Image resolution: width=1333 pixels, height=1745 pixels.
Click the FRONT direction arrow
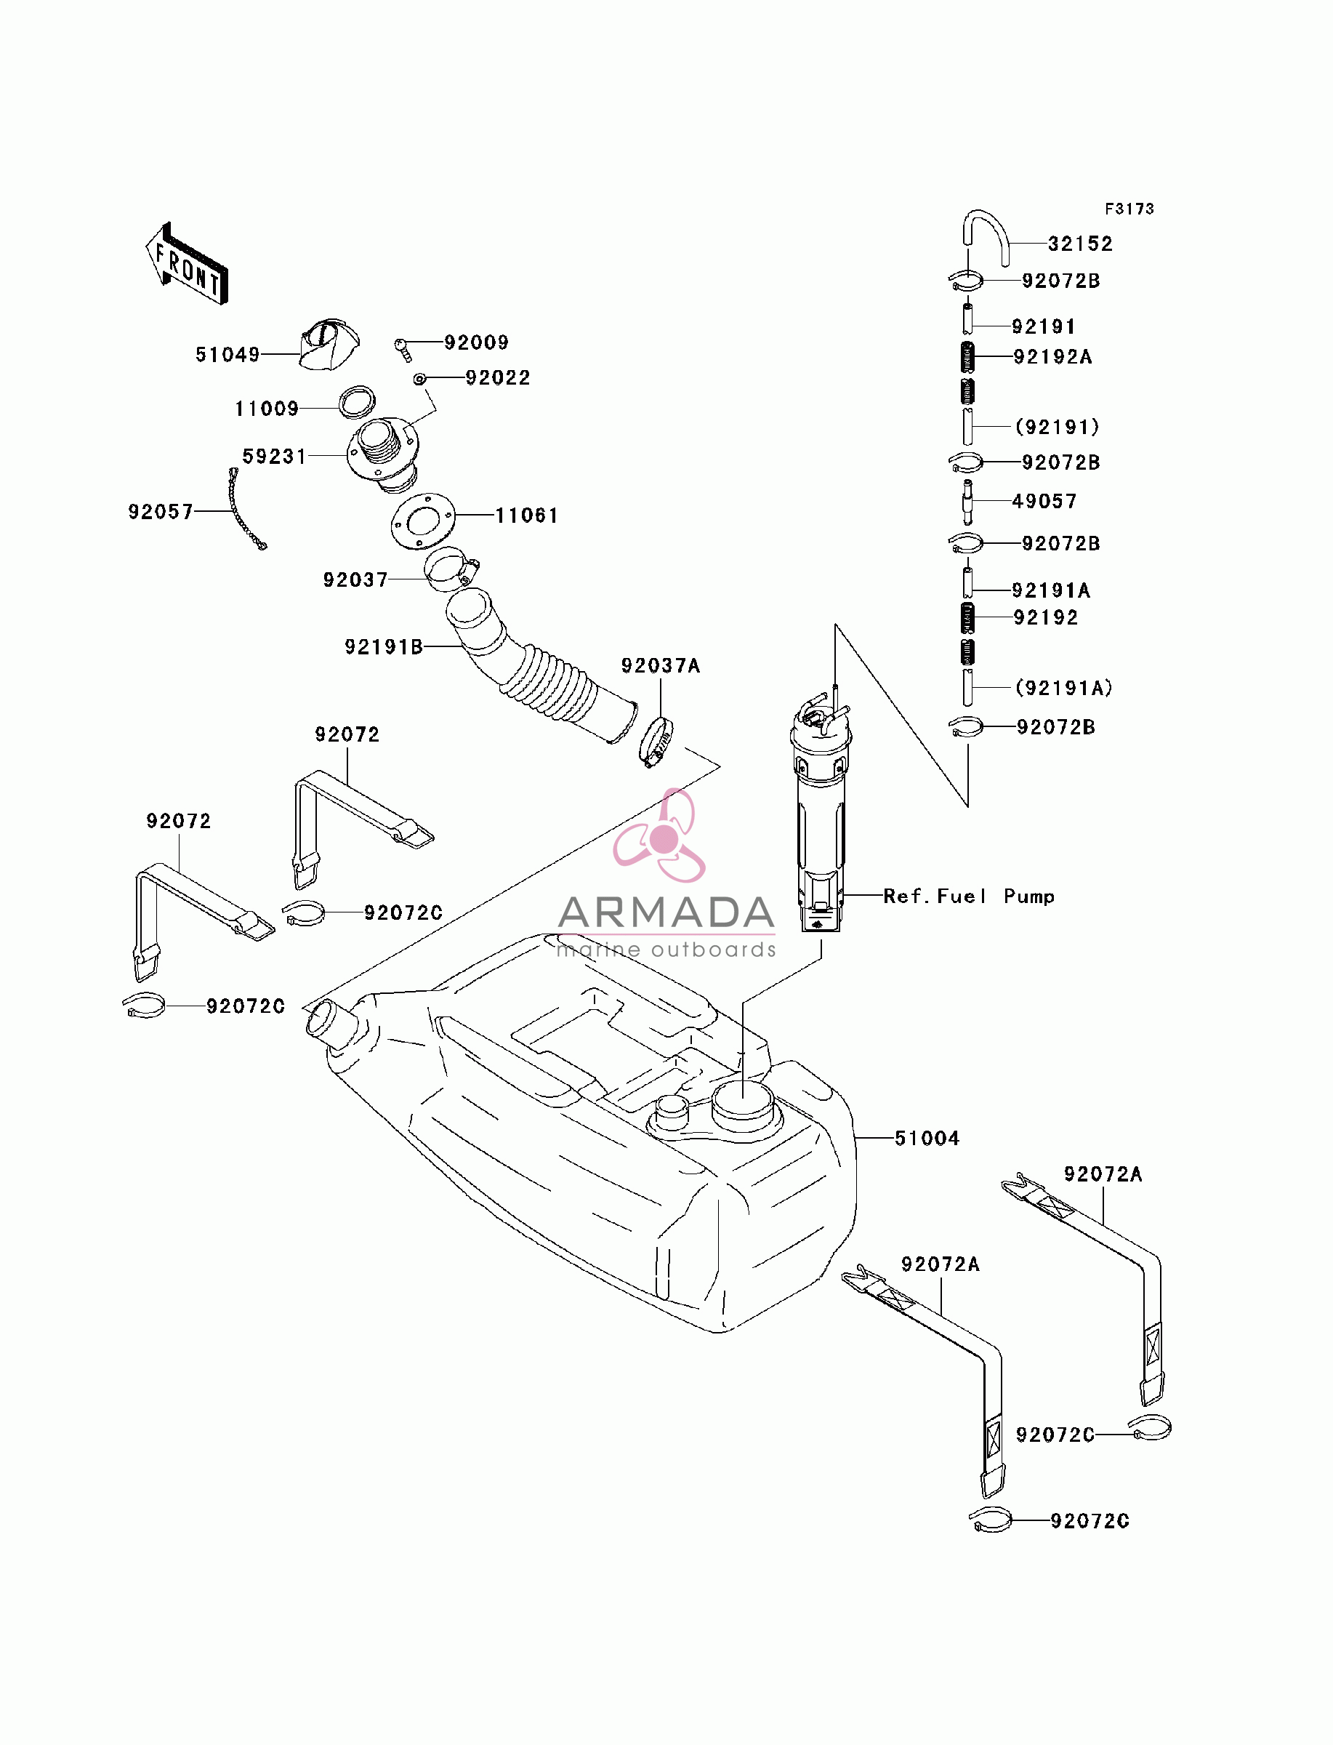(x=187, y=264)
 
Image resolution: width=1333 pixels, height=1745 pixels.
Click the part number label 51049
(x=227, y=355)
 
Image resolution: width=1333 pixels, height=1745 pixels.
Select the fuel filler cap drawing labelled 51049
(x=329, y=345)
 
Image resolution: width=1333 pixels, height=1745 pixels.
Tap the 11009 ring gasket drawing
(x=357, y=401)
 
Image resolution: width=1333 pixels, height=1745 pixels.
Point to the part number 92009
(x=476, y=342)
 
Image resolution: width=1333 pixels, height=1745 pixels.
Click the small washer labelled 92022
(x=419, y=380)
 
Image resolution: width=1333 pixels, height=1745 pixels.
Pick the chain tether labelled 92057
(x=247, y=509)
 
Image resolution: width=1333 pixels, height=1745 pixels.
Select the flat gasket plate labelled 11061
(x=423, y=521)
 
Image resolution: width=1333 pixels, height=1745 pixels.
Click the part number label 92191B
(x=384, y=648)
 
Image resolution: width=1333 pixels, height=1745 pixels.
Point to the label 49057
(x=1044, y=502)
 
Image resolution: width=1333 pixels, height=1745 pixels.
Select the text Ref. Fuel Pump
(x=969, y=896)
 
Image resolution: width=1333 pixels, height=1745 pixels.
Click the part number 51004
(x=927, y=1139)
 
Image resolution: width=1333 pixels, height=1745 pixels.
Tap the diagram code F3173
(x=1130, y=209)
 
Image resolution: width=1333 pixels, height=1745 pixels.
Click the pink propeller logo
(x=660, y=836)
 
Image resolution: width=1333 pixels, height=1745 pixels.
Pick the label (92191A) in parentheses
(x=1064, y=688)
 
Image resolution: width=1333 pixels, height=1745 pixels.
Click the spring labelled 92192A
(x=967, y=356)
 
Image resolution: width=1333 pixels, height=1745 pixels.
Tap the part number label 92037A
(x=661, y=666)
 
